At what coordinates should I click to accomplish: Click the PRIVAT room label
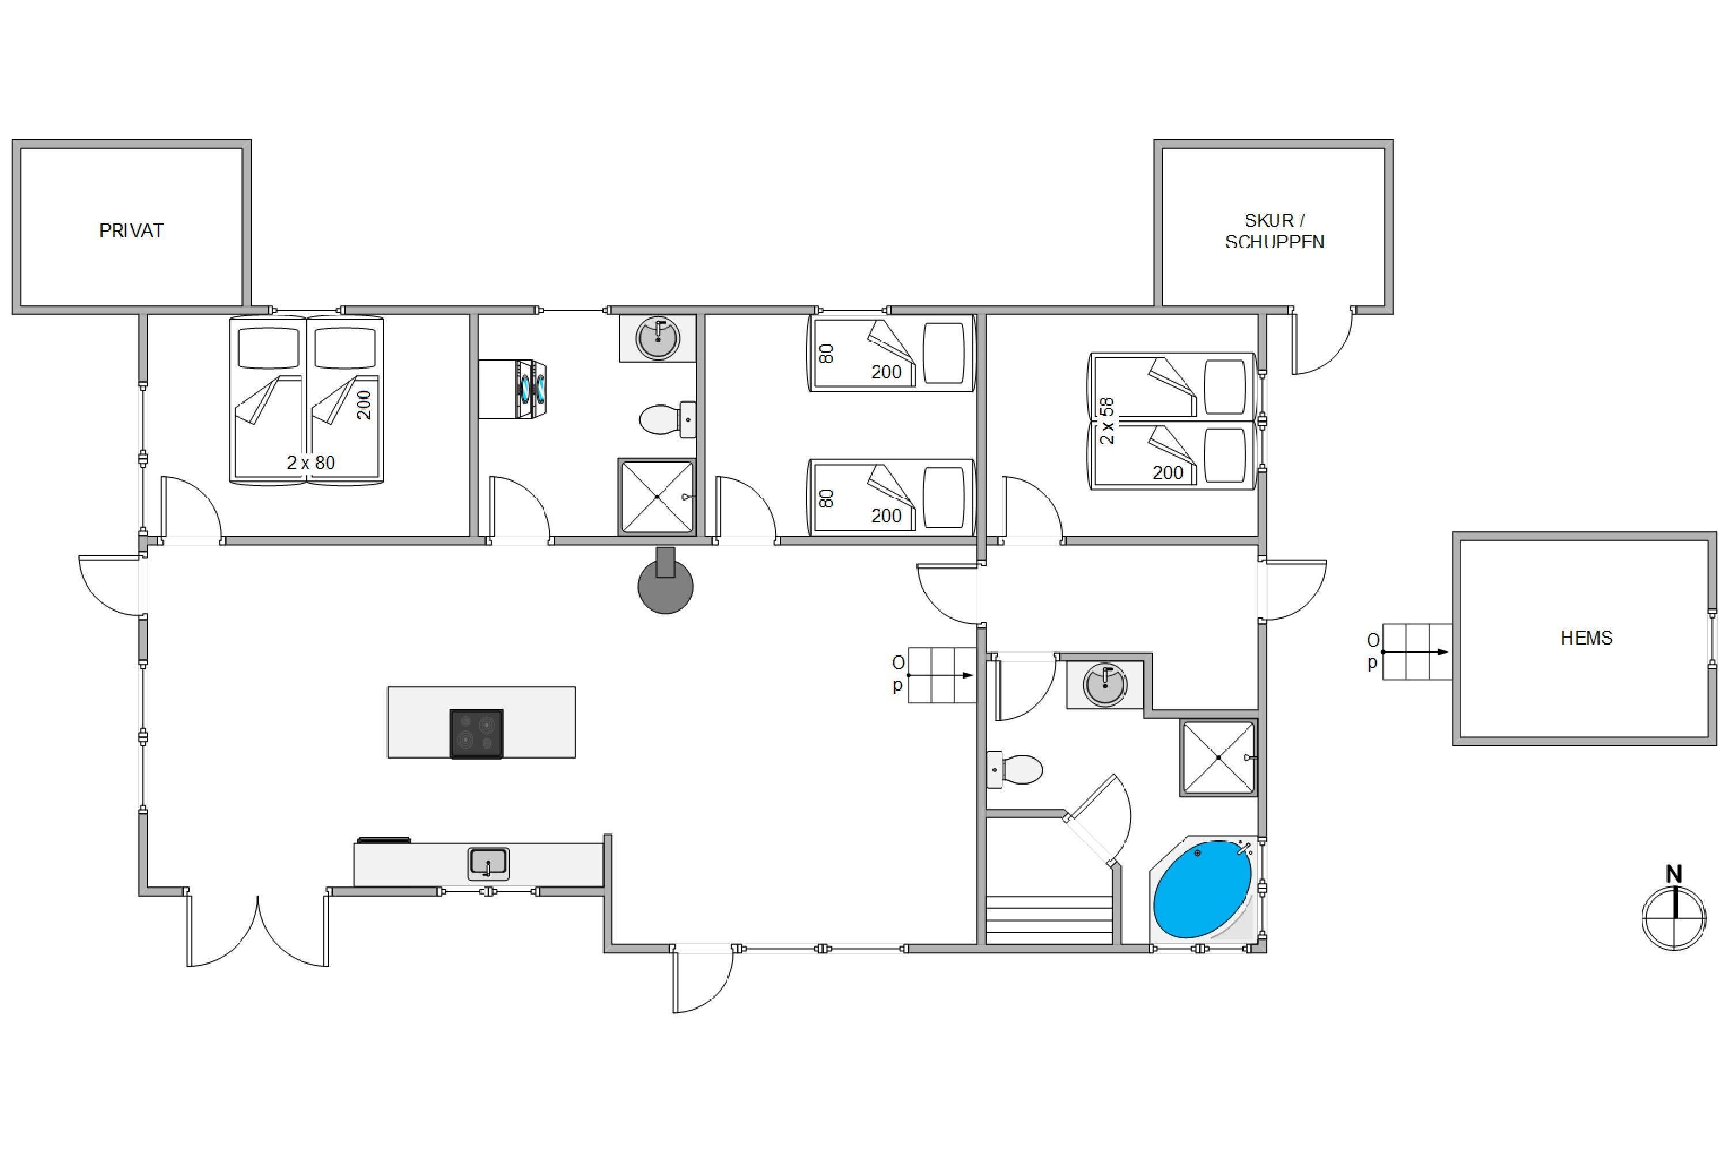[131, 231]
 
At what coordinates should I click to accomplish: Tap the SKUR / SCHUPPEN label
[1275, 232]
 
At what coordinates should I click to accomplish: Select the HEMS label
[1586, 638]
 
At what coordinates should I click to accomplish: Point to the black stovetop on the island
[477, 733]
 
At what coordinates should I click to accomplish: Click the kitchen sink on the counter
[488, 863]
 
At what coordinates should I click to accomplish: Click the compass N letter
[1674, 874]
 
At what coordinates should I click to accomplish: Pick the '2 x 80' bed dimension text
[311, 462]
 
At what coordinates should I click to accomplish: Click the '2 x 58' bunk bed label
[1106, 421]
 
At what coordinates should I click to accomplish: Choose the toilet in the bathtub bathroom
[1014, 769]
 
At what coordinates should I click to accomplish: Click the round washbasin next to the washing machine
[658, 338]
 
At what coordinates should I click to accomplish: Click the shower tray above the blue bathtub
[1219, 757]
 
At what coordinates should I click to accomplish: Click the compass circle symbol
[1674, 918]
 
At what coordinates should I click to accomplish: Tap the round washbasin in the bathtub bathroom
[1105, 685]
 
